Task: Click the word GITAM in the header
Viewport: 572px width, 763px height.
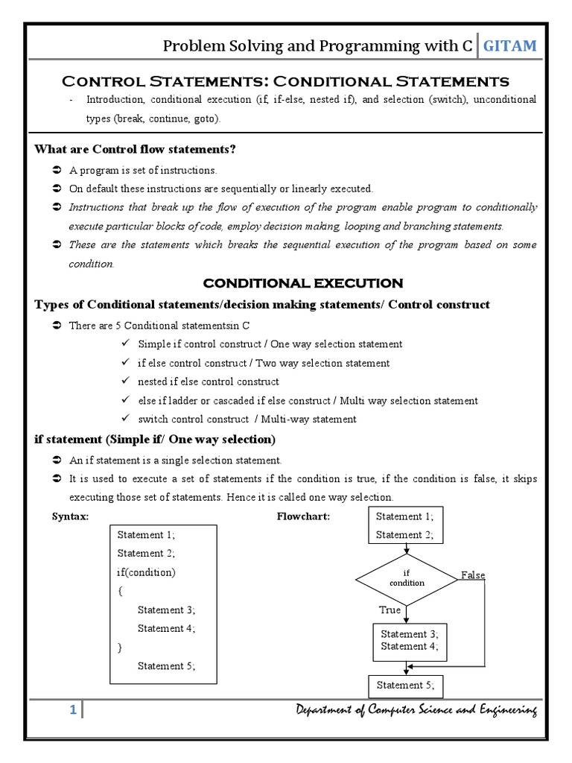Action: coord(509,46)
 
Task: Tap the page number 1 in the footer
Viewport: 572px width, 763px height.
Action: coord(73,710)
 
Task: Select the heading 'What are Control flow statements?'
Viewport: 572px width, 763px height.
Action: coord(135,150)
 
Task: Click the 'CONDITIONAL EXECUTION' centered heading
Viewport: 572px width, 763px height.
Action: coord(303,283)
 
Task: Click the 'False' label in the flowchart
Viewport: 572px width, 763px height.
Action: coord(473,575)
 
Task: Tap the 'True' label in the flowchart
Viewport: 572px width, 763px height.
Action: coord(390,610)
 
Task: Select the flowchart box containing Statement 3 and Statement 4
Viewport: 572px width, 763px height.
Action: coord(410,641)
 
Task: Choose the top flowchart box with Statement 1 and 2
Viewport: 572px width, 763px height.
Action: coord(405,525)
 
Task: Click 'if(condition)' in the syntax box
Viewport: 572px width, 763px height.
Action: coord(147,572)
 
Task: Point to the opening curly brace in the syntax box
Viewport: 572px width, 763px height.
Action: coord(120,591)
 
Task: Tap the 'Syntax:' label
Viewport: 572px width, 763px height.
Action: coord(70,516)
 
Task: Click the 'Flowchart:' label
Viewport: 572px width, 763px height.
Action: coord(303,516)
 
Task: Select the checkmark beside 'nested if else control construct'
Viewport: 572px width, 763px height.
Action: coord(124,381)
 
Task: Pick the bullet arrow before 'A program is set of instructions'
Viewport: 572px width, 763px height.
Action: coord(57,170)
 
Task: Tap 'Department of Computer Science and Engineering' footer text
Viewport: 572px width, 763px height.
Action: coord(414,711)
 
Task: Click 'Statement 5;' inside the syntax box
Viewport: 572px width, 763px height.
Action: coord(166,666)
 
